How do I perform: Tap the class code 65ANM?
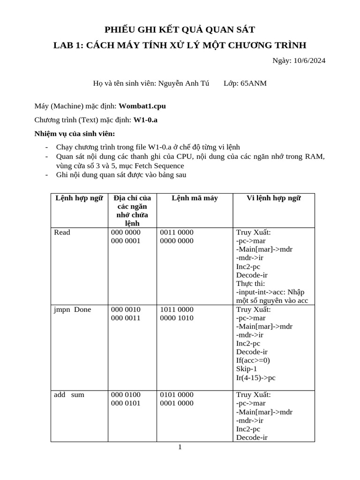pos(254,83)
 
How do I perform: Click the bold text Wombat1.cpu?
pos(142,106)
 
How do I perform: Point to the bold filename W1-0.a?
pos(145,120)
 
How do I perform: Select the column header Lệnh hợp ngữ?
pos(79,198)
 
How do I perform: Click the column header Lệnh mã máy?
pos(195,198)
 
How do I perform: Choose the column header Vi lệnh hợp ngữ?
pos(274,198)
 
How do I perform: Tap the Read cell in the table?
pos(62,232)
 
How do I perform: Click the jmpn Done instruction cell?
pos(73,309)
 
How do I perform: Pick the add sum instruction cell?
pos(69,395)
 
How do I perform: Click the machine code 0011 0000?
pos(177,232)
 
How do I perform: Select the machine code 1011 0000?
pos(177,309)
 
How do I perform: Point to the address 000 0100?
pos(126,395)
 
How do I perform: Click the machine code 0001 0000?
pos(177,403)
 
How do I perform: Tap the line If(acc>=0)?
pos(253,360)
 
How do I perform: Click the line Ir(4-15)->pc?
pos(256,377)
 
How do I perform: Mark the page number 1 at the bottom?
pos(180,447)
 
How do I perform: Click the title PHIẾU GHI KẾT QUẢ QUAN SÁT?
pos(180,30)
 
